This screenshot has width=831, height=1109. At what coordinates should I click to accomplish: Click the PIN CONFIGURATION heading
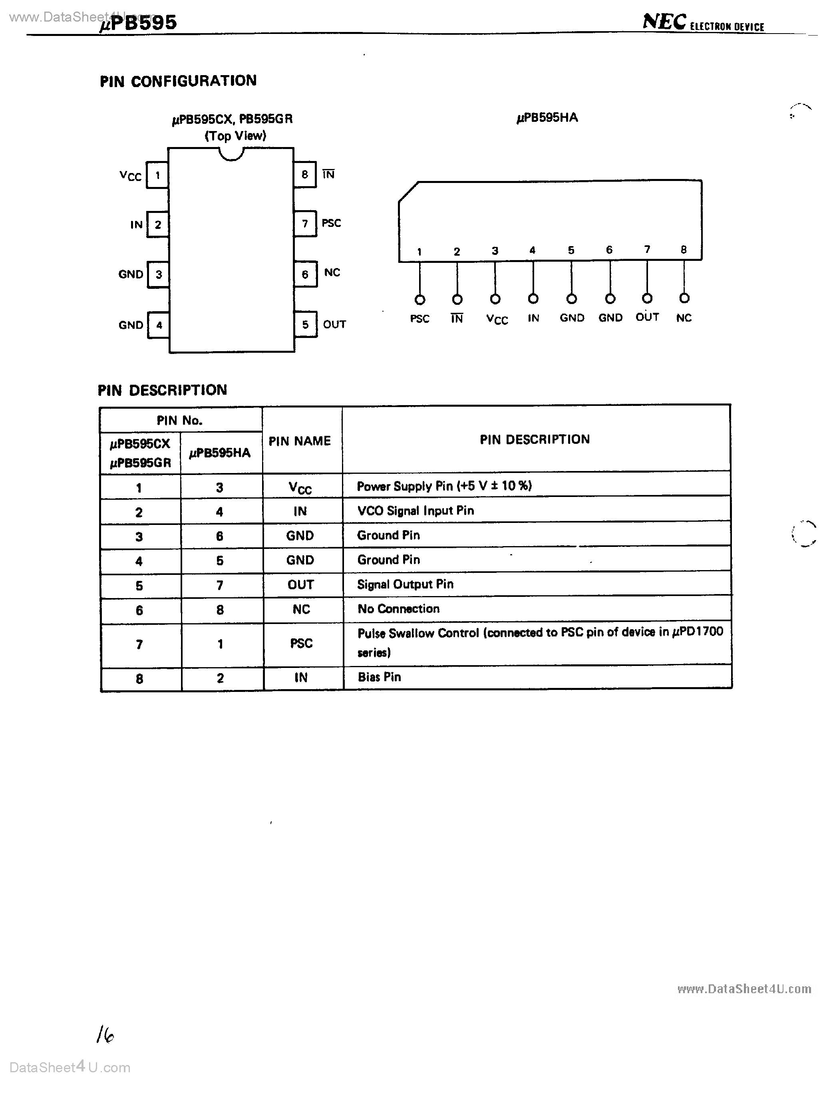[178, 81]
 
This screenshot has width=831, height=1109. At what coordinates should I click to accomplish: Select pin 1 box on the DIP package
[157, 175]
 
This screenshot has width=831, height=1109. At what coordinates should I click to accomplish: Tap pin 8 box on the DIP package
[304, 175]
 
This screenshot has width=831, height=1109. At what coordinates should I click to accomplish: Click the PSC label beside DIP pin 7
[331, 223]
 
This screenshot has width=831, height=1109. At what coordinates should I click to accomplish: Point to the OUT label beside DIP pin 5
[334, 324]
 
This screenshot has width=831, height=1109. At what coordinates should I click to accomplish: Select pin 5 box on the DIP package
[305, 324]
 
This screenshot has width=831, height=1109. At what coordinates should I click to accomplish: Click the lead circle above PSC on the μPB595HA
[420, 300]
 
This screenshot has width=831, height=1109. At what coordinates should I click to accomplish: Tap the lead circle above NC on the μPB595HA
[684, 298]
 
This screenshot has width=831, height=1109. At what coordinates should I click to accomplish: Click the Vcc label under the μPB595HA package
[497, 319]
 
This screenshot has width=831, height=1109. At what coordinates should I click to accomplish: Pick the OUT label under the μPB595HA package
[647, 317]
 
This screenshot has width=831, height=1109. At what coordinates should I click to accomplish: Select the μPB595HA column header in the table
[220, 453]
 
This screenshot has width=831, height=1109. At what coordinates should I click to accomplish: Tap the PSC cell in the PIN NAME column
[301, 643]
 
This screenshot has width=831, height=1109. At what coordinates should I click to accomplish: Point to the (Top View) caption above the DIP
[235, 136]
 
